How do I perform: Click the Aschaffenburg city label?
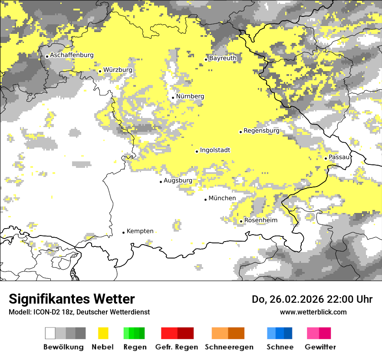tap(72, 56)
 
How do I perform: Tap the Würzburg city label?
tap(118, 70)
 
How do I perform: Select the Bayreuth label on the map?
tap(223, 58)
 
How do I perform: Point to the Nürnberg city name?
tap(190, 96)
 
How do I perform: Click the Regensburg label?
tap(261, 131)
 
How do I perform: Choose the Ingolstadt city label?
tap(215, 150)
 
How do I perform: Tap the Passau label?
tap(339, 157)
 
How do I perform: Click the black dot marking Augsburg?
tap(161, 182)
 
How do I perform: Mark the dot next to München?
tap(206, 200)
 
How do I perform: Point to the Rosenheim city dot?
tap(241, 221)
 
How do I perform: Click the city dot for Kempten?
tap(124, 232)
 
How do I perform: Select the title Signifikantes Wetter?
tap(72, 299)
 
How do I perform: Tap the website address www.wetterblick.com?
tap(313, 312)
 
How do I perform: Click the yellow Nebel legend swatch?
tap(103, 333)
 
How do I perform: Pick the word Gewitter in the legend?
tap(320, 347)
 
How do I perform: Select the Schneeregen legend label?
tap(229, 347)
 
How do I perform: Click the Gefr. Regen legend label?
tap(177, 347)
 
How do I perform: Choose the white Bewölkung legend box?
tap(50, 333)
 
